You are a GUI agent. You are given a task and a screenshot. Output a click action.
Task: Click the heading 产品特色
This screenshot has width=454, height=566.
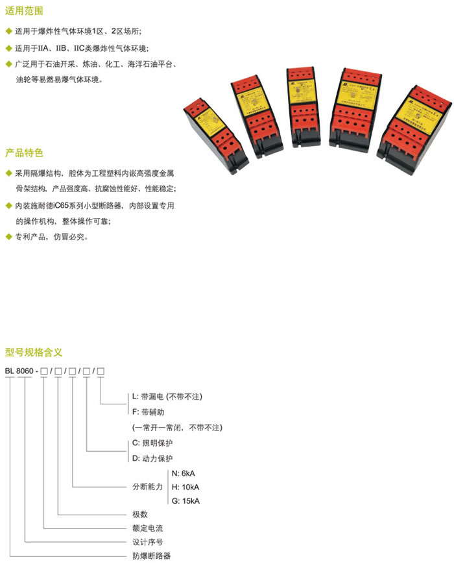(x=24, y=153)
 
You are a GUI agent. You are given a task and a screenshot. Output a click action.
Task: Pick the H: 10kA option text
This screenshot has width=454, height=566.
(x=186, y=487)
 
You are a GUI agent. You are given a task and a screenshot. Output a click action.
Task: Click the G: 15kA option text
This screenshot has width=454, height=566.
(x=186, y=501)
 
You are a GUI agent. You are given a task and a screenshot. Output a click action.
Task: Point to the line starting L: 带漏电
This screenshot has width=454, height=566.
(x=167, y=396)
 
